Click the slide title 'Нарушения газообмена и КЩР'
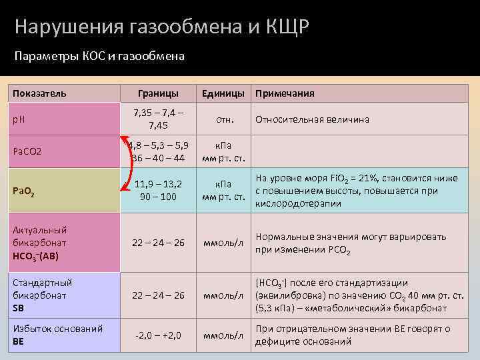tap(162, 27)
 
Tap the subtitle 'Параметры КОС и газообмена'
tap(99, 57)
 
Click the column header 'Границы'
tap(158, 93)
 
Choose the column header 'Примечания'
tap(285, 93)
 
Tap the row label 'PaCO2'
tap(27, 152)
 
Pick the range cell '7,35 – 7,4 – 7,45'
tap(159, 119)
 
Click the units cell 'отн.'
tap(224, 120)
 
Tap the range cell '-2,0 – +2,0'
tap(158, 335)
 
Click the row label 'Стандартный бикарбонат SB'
tap(43, 295)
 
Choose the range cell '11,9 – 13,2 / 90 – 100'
tap(159, 191)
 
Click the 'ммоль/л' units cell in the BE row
tap(224, 335)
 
